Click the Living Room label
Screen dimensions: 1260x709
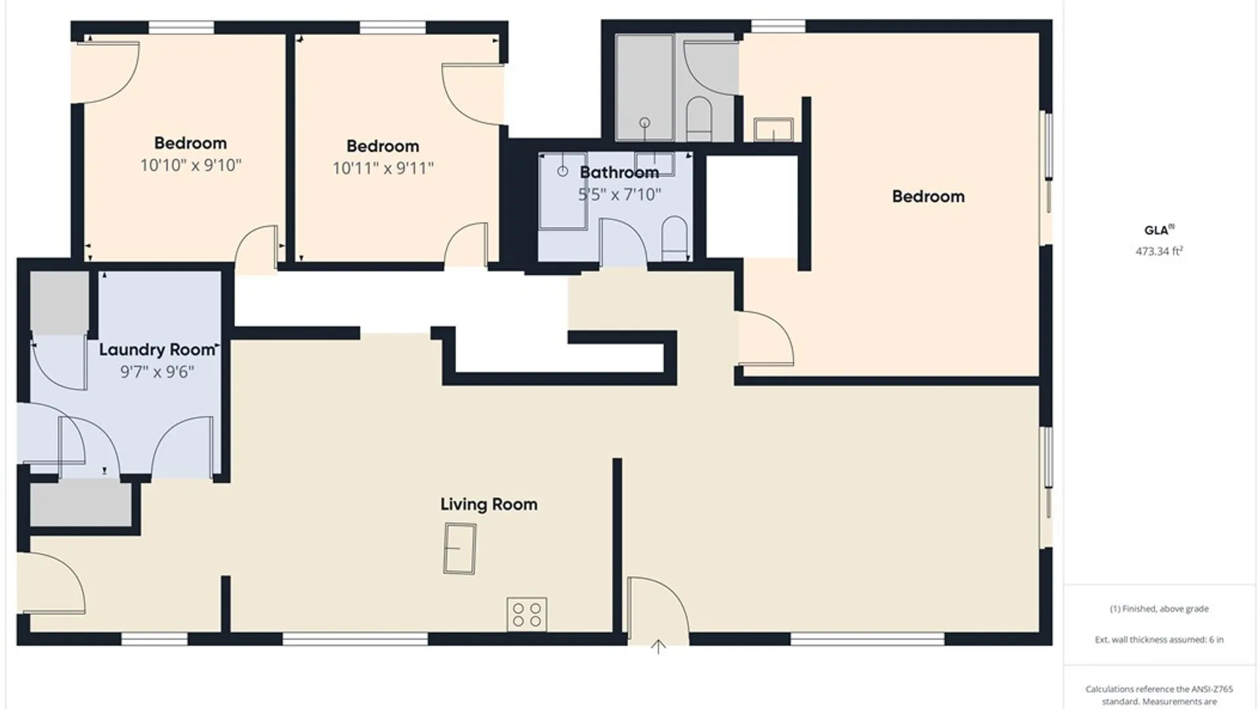pos(489,504)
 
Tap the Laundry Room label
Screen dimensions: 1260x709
pos(157,350)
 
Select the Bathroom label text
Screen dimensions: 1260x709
pos(619,173)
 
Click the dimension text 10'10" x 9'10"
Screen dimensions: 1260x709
pos(191,165)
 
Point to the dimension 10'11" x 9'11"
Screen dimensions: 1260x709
pos(383,168)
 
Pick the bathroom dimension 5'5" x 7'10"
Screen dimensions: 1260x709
pos(619,194)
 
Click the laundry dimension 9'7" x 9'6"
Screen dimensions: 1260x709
pos(157,372)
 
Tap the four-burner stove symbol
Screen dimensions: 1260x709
pos(527,614)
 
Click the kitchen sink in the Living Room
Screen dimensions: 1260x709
pos(460,549)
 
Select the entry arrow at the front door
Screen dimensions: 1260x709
pos(658,647)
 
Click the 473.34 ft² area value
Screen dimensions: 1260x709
pos(1160,251)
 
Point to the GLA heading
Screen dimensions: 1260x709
pos(1159,230)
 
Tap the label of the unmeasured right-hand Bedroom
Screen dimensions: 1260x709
pos(929,196)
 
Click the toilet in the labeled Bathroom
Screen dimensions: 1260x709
pos(675,238)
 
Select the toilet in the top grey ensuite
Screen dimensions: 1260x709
pos(699,119)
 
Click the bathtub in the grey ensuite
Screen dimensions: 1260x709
pos(644,87)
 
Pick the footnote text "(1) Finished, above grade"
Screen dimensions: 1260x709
pos(1159,609)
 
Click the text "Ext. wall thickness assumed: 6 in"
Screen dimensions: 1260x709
pos(1159,639)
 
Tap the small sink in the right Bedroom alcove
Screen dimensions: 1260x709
pos(774,129)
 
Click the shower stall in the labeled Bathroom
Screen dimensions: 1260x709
pos(563,191)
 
